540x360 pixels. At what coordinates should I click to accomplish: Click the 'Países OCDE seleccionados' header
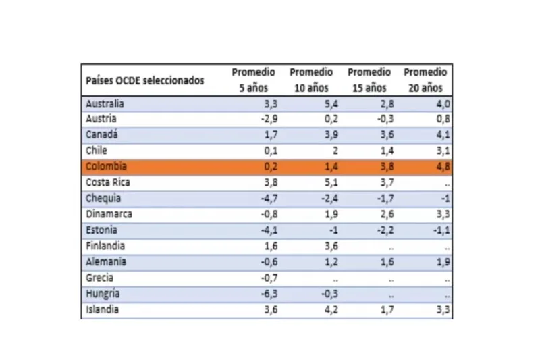click(144, 80)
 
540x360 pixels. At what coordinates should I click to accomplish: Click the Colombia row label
click(107, 166)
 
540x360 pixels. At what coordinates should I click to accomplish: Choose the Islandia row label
click(103, 310)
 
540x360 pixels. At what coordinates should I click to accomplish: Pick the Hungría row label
click(104, 294)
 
